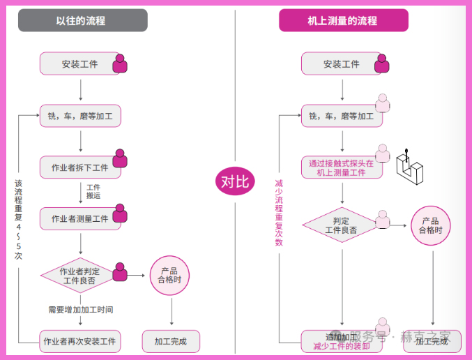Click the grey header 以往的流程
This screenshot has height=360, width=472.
click(x=82, y=20)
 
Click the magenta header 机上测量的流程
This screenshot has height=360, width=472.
click(x=343, y=20)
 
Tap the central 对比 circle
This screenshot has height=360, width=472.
click(x=235, y=183)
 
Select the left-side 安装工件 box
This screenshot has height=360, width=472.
click(x=79, y=64)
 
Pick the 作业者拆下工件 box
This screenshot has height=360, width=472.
click(x=80, y=167)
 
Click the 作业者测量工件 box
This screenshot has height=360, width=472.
click(x=80, y=218)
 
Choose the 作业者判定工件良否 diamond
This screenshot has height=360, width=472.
click(x=79, y=275)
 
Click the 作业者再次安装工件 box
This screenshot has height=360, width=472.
click(x=79, y=341)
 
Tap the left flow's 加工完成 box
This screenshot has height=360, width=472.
click(x=170, y=341)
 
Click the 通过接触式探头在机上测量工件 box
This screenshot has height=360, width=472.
click(x=341, y=167)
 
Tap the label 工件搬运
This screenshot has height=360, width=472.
click(x=93, y=192)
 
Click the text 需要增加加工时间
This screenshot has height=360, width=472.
click(x=81, y=309)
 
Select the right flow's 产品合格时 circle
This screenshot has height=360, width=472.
click(x=431, y=225)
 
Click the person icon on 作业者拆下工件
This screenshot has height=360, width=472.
click(x=120, y=158)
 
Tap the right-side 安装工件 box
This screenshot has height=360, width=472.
click(x=341, y=64)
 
